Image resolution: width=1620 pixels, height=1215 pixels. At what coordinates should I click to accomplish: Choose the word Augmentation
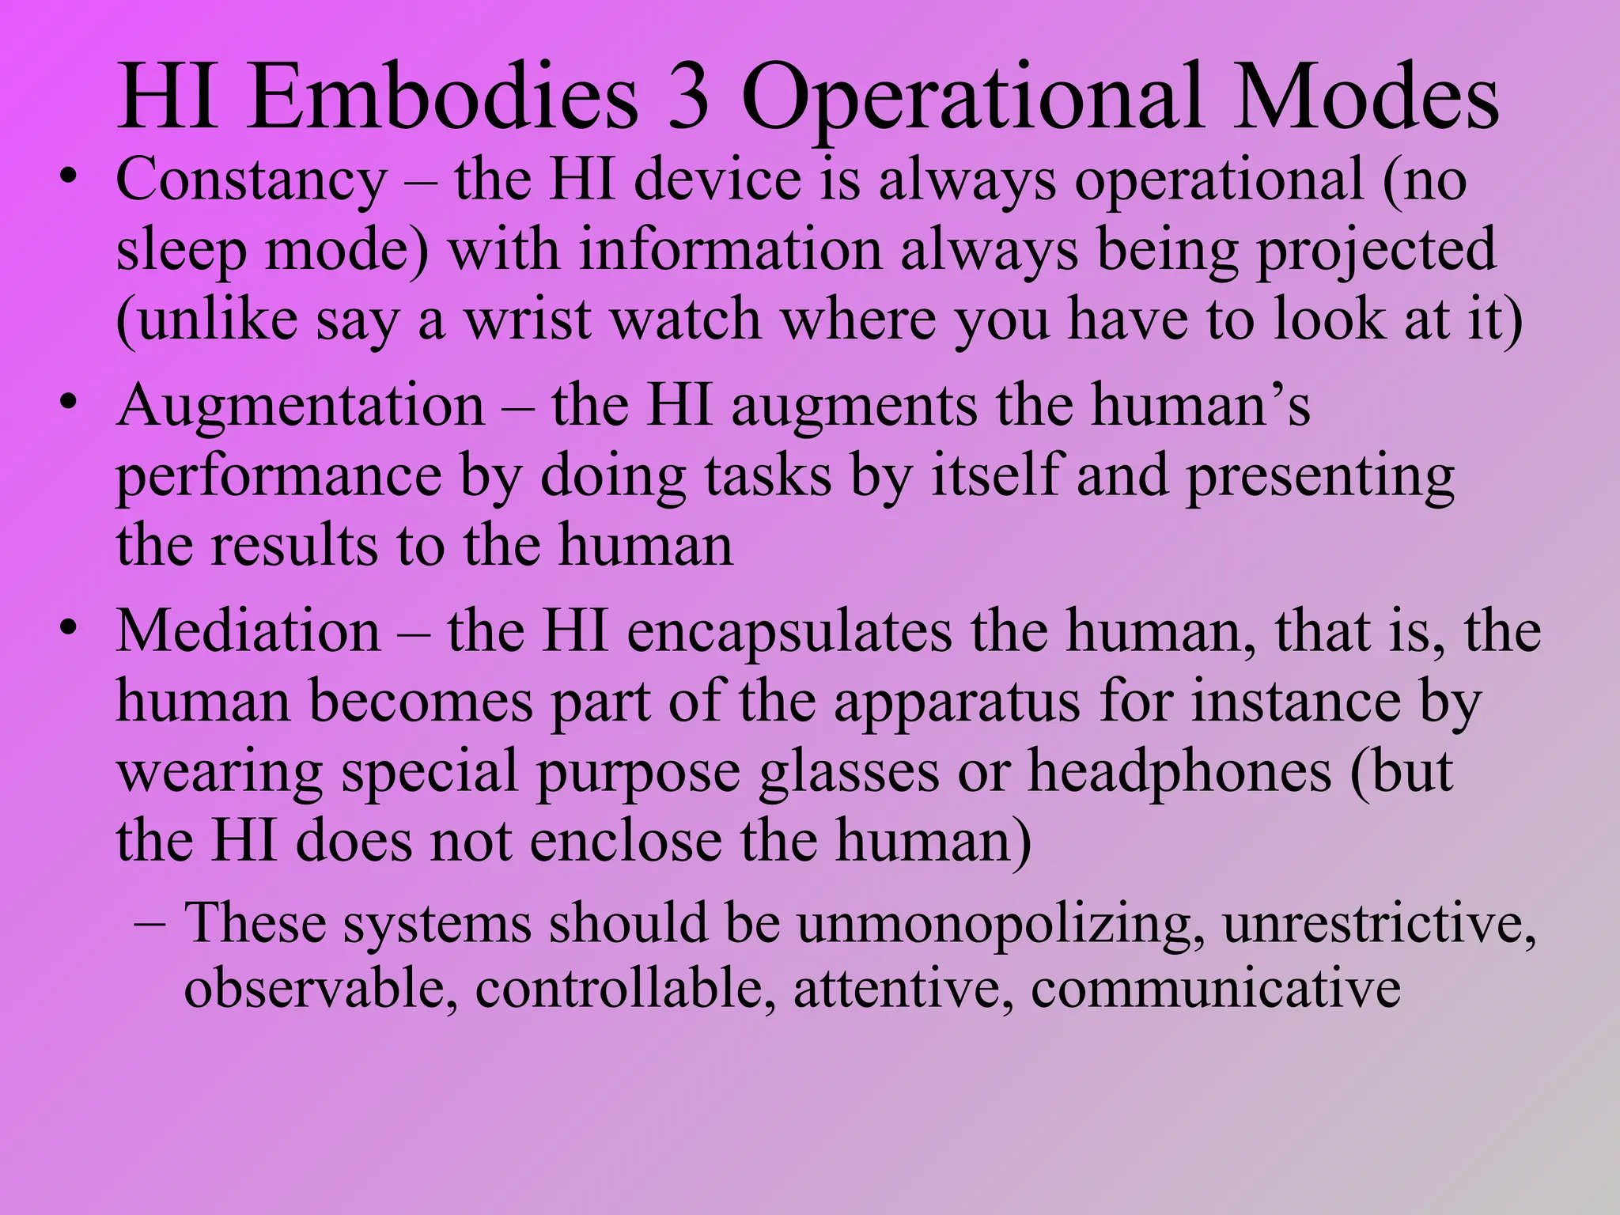(x=301, y=406)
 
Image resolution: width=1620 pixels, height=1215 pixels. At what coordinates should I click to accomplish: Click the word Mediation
(x=248, y=632)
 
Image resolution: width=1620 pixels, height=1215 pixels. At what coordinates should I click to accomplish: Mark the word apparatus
(x=956, y=702)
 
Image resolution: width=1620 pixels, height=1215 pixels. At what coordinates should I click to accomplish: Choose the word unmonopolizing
(x=1001, y=923)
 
